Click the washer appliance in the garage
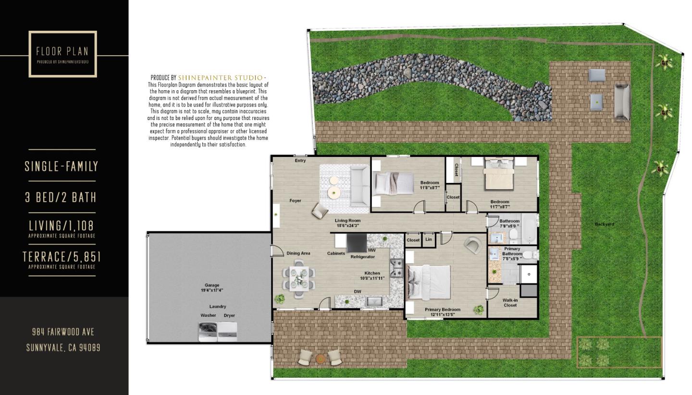coord(208,331)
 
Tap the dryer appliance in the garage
coord(228,331)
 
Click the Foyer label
coord(295,201)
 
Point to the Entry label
coord(300,161)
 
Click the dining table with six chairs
coord(299,277)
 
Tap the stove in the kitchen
coord(397,268)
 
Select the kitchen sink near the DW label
coord(374,301)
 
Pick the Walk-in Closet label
coord(510,302)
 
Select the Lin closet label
coord(429,239)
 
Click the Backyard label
coord(604,224)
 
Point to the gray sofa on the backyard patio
coord(621,102)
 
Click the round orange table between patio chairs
coord(321,358)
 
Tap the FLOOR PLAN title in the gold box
coord(62,51)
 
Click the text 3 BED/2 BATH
coord(61,197)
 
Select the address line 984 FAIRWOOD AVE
coord(63,332)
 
